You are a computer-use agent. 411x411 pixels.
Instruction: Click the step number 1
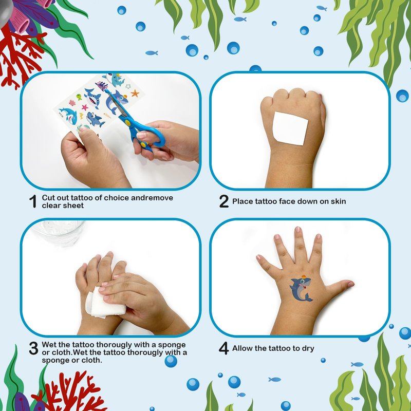pyautogui.click(x=33, y=201)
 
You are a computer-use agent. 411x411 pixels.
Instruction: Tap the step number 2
pyautogui.click(x=224, y=201)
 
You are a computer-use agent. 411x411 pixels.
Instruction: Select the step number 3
pyautogui.click(x=33, y=348)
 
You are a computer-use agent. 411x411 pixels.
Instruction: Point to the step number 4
pyautogui.click(x=223, y=348)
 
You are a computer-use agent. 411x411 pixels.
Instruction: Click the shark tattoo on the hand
pyautogui.click(x=301, y=289)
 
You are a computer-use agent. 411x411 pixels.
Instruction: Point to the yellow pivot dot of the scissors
pyautogui.click(x=127, y=122)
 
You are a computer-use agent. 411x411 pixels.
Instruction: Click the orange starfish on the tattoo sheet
pyautogui.click(x=135, y=93)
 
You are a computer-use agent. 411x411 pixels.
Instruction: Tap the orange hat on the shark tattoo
pyautogui.click(x=303, y=277)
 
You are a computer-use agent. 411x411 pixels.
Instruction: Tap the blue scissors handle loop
pyautogui.click(x=155, y=136)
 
